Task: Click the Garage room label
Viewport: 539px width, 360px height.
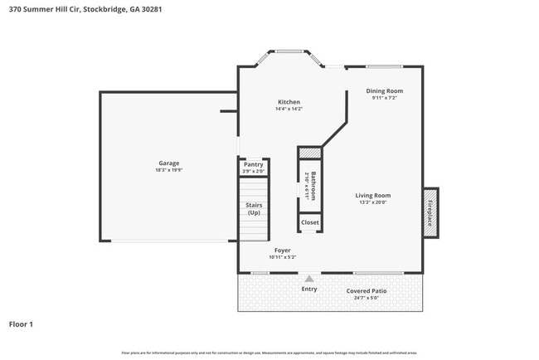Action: tap(169, 163)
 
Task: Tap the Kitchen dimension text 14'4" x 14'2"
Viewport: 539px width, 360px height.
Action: tap(289, 109)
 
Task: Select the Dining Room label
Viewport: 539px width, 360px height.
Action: tap(385, 90)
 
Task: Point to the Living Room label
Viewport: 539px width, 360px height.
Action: tap(373, 195)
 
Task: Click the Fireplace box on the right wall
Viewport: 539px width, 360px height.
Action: tap(430, 212)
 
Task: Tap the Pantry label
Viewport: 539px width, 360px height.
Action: tap(253, 164)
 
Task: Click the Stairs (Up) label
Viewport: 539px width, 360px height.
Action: tap(253, 208)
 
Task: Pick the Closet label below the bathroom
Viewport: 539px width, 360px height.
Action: tap(309, 222)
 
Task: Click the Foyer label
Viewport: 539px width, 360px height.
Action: tap(282, 250)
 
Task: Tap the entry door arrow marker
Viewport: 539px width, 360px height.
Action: tap(309, 279)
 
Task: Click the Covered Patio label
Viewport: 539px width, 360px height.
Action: tap(367, 291)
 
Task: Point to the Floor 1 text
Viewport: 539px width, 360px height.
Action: tap(21, 324)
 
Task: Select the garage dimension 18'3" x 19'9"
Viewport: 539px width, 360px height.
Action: tap(169, 170)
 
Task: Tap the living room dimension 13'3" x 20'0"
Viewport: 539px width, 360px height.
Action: tap(373, 202)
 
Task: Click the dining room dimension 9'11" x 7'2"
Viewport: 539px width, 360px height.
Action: tap(385, 98)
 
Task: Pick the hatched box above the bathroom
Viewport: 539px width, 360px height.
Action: tap(309, 153)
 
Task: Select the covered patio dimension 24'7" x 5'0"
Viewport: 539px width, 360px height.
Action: tap(367, 299)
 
